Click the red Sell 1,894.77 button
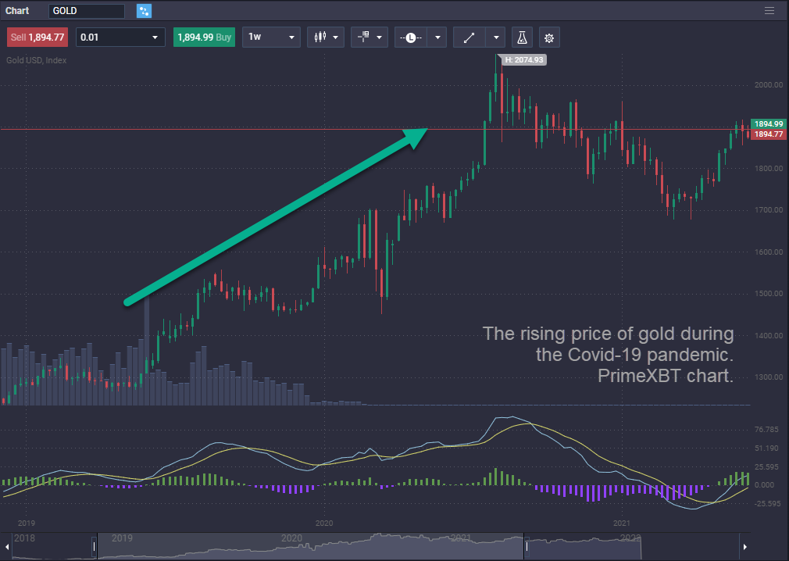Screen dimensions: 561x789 (x=37, y=38)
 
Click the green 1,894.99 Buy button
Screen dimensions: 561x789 (x=205, y=38)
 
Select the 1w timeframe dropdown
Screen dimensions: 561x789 (x=271, y=38)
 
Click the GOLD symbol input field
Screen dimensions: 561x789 (x=86, y=11)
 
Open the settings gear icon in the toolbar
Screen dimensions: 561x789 (x=549, y=38)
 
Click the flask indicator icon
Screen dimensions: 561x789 (x=522, y=38)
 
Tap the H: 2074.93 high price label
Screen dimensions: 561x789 (x=524, y=59)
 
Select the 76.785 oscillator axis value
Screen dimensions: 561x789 (x=766, y=430)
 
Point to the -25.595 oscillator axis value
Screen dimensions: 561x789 (x=766, y=503)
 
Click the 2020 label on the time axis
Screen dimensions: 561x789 (x=324, y=522)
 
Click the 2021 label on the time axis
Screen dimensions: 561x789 (x=622, y=522)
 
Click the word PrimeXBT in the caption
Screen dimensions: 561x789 (x=631, y=376)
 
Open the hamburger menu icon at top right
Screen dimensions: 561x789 (x=769, y=11)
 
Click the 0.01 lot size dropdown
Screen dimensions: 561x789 (x=120, y=38)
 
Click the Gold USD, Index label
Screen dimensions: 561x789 (x=37, y=60)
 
